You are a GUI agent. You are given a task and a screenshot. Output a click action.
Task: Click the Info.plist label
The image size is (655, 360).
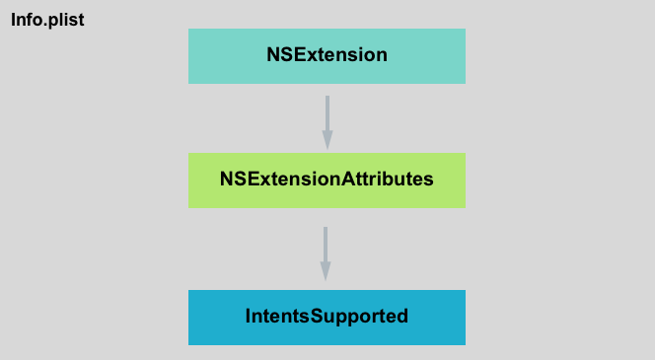47,19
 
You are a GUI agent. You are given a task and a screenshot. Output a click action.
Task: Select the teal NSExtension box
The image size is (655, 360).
327,55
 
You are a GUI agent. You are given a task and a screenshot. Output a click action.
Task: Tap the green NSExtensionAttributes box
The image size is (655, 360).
327,180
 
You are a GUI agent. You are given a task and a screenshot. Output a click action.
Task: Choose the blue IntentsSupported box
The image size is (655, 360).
327,317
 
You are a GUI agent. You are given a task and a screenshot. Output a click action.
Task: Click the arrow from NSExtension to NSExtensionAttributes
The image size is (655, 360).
327,120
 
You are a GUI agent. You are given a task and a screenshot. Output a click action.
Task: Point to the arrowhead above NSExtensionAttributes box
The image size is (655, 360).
327,141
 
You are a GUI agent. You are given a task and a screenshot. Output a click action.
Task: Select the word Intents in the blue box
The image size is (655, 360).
274,317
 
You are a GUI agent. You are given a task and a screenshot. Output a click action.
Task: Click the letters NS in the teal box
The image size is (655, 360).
279,55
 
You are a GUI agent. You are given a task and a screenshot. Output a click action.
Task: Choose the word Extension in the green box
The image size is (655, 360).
292,180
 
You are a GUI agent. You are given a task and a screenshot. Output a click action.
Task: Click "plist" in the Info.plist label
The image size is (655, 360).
64,19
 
